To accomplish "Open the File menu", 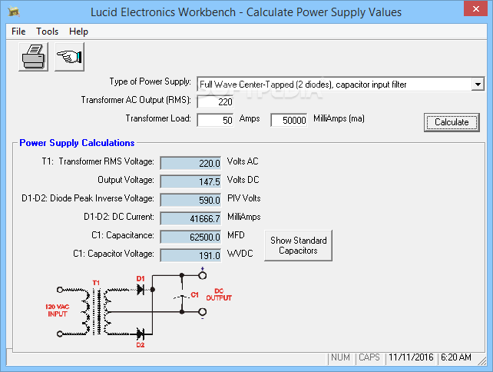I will [18, 32].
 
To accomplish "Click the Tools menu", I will [47, 32].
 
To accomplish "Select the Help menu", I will [78, 32].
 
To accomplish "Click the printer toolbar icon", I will [33, 57].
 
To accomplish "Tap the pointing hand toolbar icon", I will [70, 57].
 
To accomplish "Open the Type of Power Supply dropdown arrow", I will [478, 84].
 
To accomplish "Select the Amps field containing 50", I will [216, 120].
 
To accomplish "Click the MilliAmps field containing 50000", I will [289, 120].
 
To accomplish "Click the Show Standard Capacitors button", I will [298, 245].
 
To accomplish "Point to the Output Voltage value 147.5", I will [190, 181].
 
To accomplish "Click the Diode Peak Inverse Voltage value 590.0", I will [190, 199].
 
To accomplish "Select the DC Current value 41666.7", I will [190, 218].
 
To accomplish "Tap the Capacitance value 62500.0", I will [190, 236].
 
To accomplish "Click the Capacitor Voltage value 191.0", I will [190, 254].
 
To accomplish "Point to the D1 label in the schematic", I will [140, 278].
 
